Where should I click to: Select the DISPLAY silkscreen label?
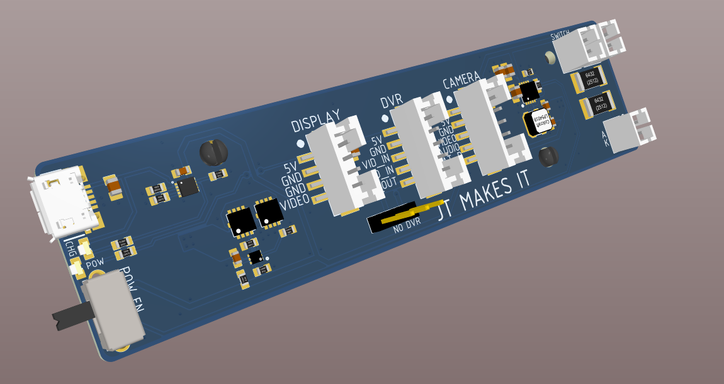(x=315, y=121)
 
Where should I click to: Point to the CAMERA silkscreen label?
(x=461, y=81)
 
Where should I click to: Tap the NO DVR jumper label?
(x=406, y=225)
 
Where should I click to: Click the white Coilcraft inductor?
(x=538, y=120)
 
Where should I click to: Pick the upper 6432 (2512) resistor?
(x=588, y=79)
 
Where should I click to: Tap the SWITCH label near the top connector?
(x=560, y=35)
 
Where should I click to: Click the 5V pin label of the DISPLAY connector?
(x=290, y=168)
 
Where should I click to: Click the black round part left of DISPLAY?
(x=213, y=152)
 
